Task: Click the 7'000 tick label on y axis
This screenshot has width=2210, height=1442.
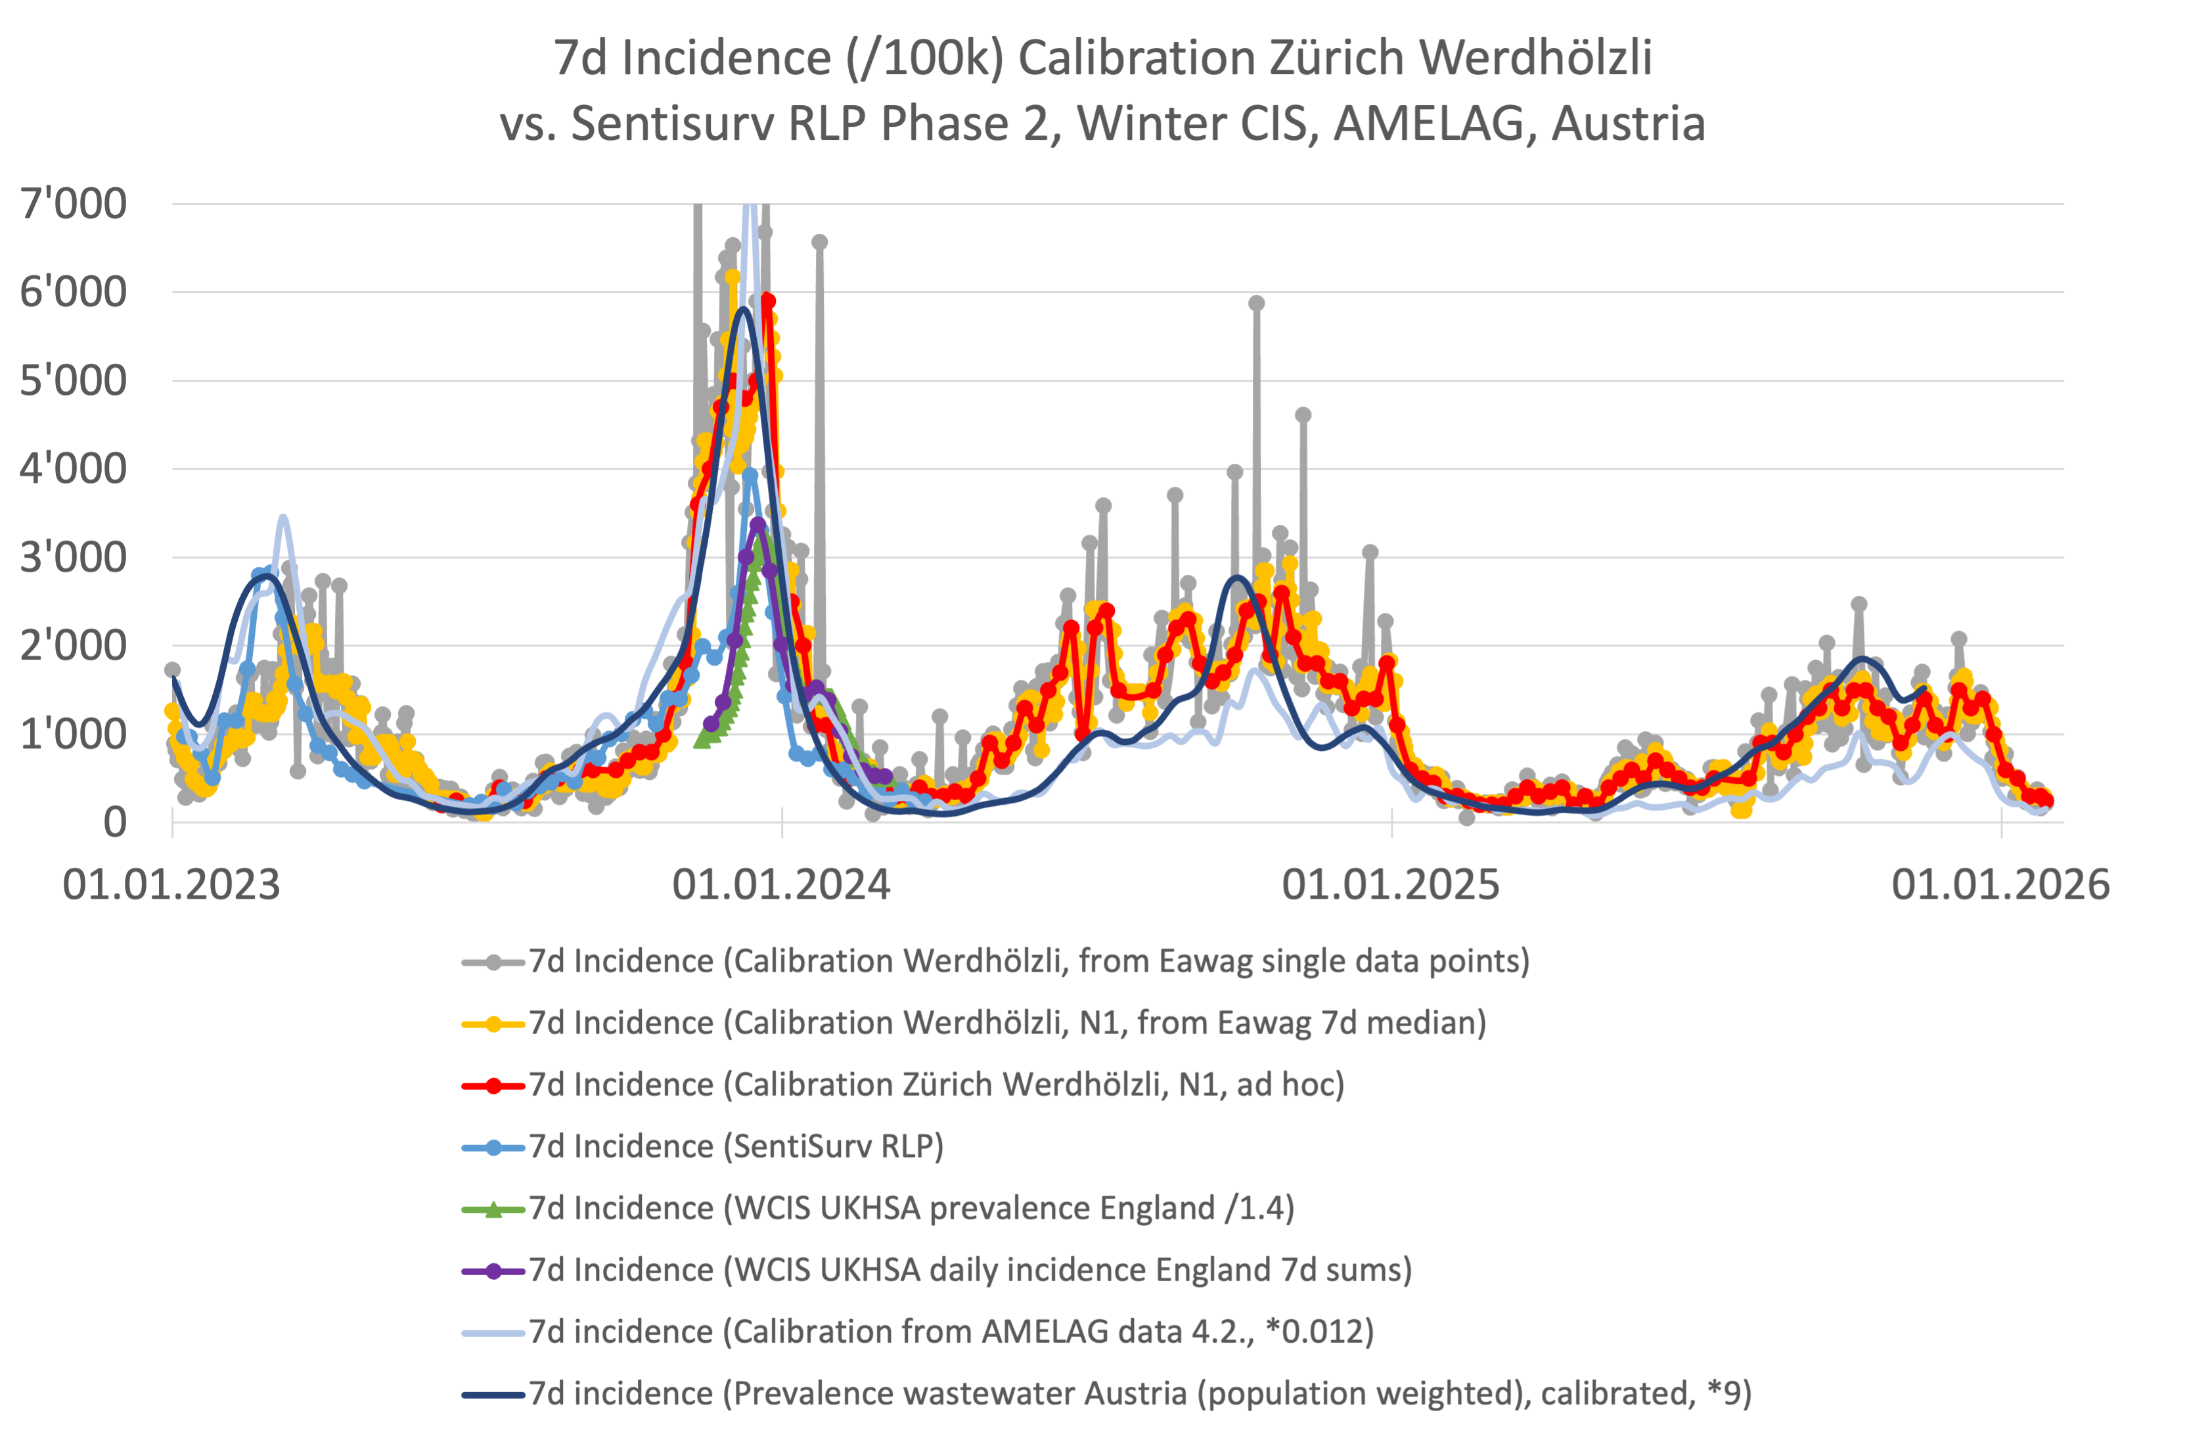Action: point(74,204)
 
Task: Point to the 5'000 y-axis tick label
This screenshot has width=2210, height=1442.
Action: point(74,380)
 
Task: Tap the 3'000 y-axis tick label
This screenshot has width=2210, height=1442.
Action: point(74,557)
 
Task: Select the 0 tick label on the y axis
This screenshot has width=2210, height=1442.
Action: point(114,822)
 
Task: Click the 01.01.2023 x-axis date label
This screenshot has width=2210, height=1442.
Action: point(171,885)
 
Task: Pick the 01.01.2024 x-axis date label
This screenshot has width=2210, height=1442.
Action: point(781,885)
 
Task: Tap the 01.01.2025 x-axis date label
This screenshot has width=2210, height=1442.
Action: point(1390,885)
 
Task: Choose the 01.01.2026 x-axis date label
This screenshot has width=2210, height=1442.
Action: point(2000,885)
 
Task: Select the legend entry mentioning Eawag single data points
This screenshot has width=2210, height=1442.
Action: point(1029,961)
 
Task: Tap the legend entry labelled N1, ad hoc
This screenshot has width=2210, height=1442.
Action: point(936,1085)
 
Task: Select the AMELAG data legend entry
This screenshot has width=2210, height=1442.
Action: point(951,1332)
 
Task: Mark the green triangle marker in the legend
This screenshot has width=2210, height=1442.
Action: point(494,1209)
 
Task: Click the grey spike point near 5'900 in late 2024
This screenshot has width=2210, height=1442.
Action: point(1256,304)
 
